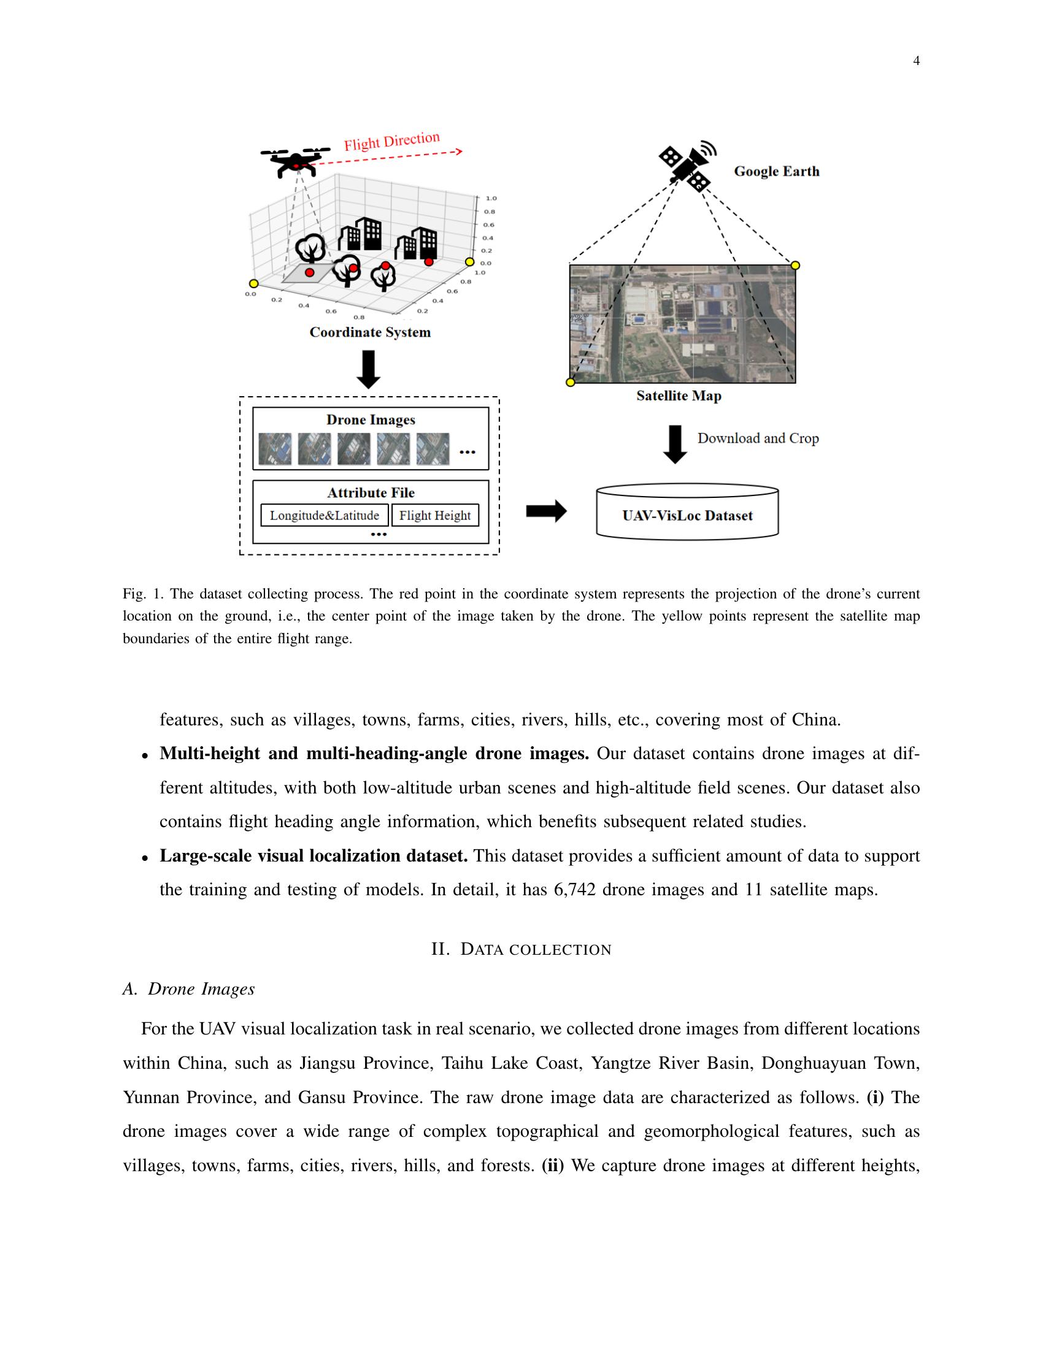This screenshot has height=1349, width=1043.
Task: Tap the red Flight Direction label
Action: click(x=392, y=141)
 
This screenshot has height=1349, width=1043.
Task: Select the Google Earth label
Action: click(x=776, y=171)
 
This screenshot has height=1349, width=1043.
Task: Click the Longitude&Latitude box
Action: click(x=325, y=515)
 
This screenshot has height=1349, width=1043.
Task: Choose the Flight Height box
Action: click(x=435, y=515)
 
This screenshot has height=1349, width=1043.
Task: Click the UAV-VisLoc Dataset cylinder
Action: click(x=687, y=513)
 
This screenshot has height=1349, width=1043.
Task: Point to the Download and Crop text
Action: click(x=758, y=438)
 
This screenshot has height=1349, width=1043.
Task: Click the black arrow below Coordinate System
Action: click(x=369, y=369)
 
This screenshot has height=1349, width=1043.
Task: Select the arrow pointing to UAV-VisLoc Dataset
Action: click(x=545, y=511)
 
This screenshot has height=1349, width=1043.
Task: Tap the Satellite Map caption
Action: click(x=679, y=396)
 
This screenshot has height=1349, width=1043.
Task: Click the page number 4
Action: click(x=916, y=61)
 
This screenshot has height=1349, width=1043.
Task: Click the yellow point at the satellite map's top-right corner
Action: click(x=795, y=265)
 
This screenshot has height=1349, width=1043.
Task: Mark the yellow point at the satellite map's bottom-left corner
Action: click(x=571, y=383)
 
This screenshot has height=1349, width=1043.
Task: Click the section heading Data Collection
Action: click(x=521, y=949)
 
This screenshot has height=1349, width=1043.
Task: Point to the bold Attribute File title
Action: click(x=370, y=492)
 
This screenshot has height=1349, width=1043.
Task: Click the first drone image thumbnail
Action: click(x=275, y=448)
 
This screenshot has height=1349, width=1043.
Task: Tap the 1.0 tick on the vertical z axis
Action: click(x=492, y=198)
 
